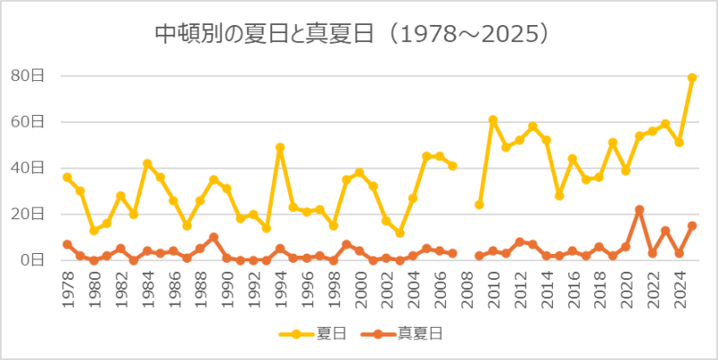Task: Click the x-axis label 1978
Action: click(67, 289)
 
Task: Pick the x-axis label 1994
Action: click(280, 289)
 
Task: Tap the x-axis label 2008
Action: click(466, 289)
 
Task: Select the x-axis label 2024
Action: click(679, 289)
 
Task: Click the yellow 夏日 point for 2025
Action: click(692, 78)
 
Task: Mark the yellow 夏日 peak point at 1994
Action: click(280, 147)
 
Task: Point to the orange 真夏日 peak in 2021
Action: click(639, 209)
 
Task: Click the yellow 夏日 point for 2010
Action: click(493, 119)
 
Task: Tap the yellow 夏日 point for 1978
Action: click(67, 177)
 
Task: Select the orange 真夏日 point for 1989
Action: click(214, 237)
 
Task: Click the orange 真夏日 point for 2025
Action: click(692, 225)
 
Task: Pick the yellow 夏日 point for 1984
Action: click(147, 163)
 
